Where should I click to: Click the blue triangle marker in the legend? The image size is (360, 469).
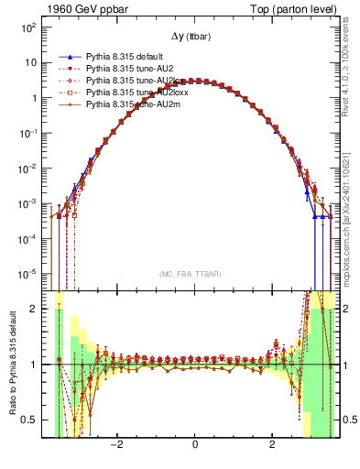[69, 57]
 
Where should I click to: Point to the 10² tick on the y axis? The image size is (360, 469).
[29, 27]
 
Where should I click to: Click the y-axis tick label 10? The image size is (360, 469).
[32, 63]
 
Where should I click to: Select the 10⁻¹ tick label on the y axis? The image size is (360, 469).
[29, 133]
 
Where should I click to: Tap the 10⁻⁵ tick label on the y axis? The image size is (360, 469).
[29, 273]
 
